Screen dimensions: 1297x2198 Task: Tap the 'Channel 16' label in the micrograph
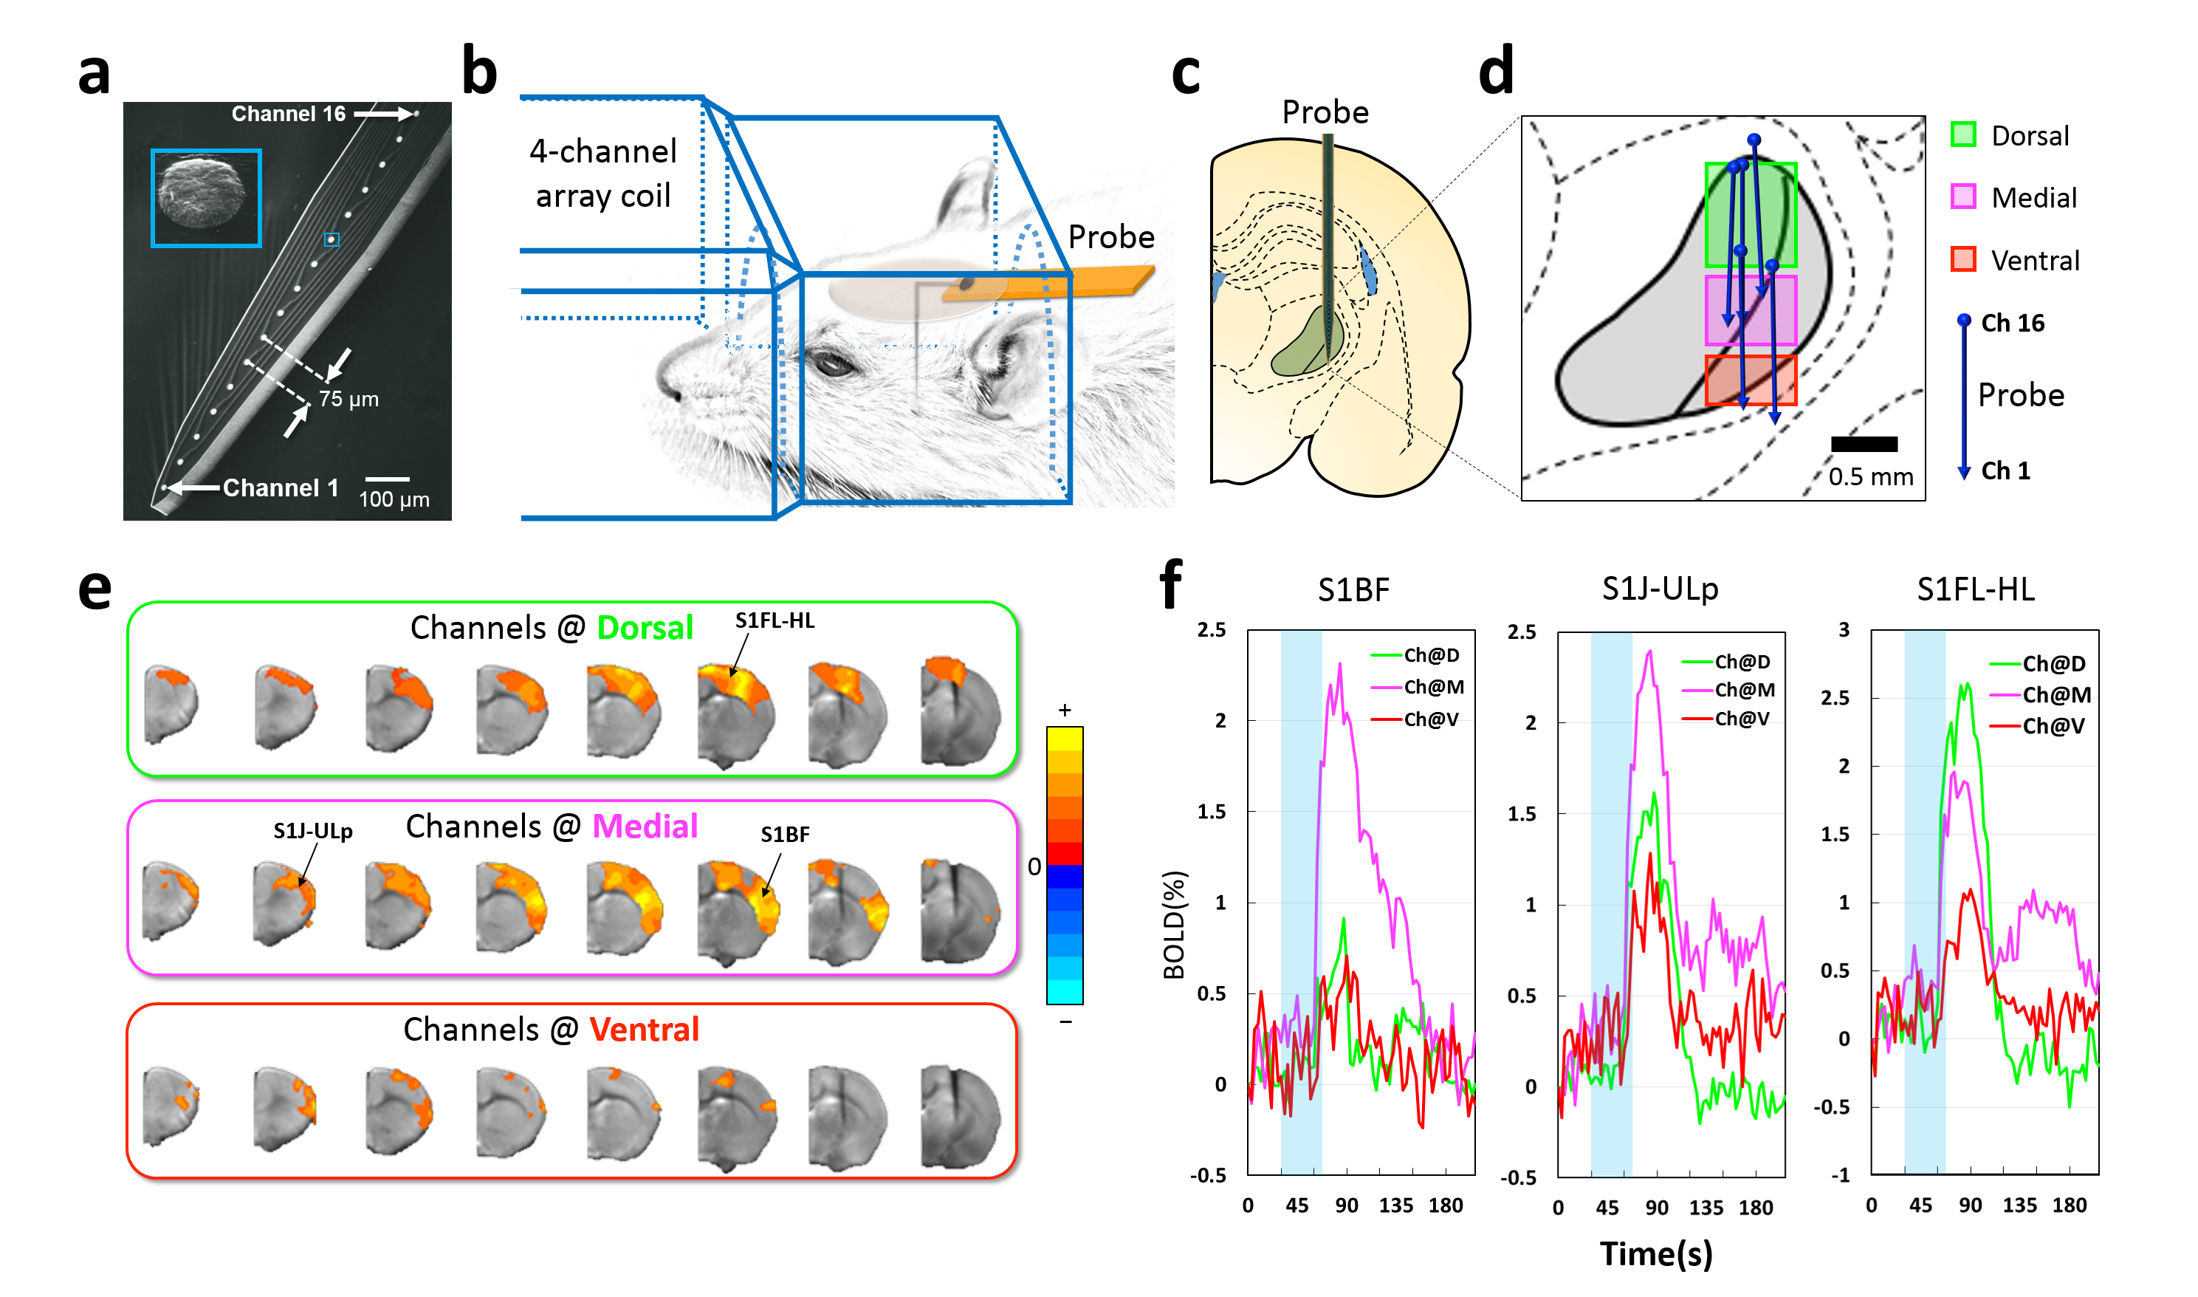point(288,114)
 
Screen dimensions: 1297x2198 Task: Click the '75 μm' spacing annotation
point(348,399)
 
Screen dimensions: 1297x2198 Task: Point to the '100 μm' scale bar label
point(394,499)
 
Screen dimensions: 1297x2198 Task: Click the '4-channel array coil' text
point(602,173)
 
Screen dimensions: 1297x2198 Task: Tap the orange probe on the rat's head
point(1048,285)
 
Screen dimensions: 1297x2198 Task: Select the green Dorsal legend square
point(1963,134)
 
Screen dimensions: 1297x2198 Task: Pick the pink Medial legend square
point(1963,196)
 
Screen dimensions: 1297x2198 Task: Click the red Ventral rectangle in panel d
point(1751,380)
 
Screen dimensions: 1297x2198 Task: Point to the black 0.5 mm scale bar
point(1864,444)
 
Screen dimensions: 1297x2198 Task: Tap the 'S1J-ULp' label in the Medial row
point(313,830)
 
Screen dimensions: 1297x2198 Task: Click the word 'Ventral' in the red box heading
point(644,1030)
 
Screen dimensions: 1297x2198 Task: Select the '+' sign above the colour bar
point(1064,710)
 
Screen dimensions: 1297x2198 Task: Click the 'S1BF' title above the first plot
point(1353,590)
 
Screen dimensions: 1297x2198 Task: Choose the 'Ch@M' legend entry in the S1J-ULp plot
point(1744,690)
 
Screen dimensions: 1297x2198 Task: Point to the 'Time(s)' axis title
point(1655,1253)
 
